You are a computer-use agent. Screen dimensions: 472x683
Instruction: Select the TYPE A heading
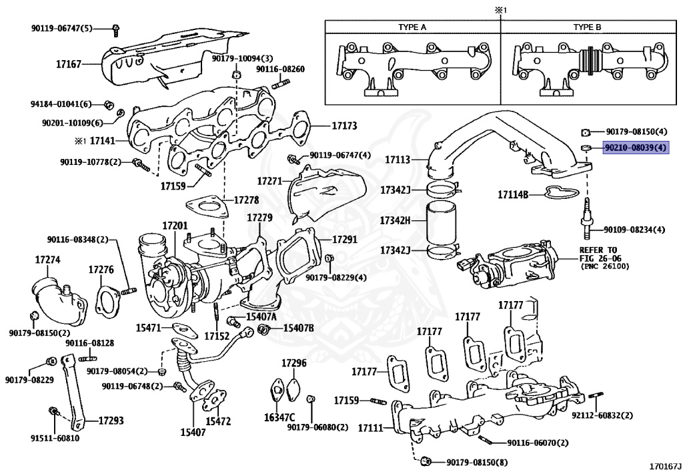(x=412, y=27)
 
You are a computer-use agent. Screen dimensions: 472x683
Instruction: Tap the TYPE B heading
(x=587, y=27)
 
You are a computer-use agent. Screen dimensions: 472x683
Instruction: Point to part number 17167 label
(x=69, y=65)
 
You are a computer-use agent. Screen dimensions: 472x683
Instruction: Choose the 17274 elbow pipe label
(x=48, y=259)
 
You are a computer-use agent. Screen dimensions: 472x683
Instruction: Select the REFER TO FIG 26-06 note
(x=588, y=258)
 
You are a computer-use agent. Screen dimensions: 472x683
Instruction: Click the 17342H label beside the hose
(x=395, y=220)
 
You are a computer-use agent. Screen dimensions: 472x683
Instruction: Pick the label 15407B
(x=298, y=328)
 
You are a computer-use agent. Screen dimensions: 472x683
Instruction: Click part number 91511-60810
(x=55, y=438)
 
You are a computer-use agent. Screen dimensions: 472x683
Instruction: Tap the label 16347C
(x=279, y=417)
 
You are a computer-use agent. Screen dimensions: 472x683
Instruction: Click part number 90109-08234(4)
(x=634, y=230)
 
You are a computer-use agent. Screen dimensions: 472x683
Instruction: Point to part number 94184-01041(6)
(x=61, y=104)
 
